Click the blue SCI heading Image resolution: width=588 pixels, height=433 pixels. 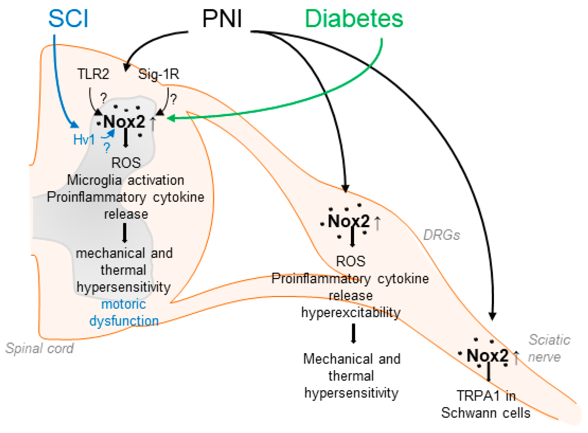pos(68,19)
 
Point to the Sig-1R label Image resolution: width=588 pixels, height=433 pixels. pos(158,74)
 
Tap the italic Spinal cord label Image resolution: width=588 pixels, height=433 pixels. pos(39,349)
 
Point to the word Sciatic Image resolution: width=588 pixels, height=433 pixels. pos(549,340)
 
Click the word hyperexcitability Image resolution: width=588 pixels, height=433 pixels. pos(351,312)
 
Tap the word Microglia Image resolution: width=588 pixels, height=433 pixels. pos(94,180)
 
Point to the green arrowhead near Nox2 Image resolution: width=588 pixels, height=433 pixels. pos(170,118)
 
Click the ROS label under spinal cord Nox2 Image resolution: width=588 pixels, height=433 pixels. pos(126,163)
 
